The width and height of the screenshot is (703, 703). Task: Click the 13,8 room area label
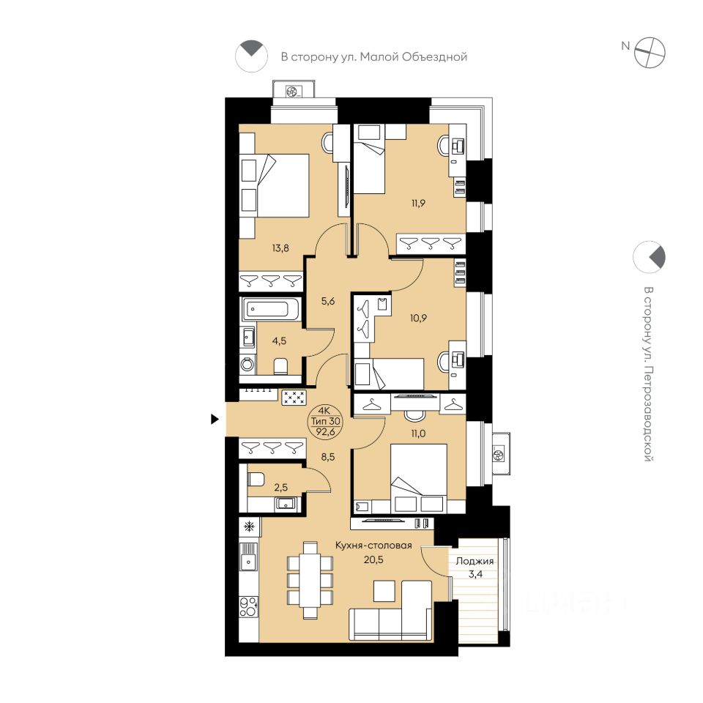280,248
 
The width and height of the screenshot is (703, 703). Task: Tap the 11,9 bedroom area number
418,203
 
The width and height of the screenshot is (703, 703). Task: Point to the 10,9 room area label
418,319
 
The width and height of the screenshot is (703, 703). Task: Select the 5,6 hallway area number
328,301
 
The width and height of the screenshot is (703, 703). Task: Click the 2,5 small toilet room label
281,488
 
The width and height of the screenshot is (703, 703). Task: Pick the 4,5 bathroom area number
279,341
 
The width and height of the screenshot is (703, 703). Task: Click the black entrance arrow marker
215,419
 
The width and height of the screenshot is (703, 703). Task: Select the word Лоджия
475,561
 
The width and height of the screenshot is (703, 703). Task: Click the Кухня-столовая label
374,546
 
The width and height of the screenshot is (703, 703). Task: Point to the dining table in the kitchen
310,580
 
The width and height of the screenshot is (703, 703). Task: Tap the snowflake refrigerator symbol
249,527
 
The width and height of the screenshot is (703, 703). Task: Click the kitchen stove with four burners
249,606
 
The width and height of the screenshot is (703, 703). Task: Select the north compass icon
650,53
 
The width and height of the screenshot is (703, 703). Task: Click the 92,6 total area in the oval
326,431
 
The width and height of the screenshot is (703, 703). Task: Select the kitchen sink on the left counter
248,559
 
